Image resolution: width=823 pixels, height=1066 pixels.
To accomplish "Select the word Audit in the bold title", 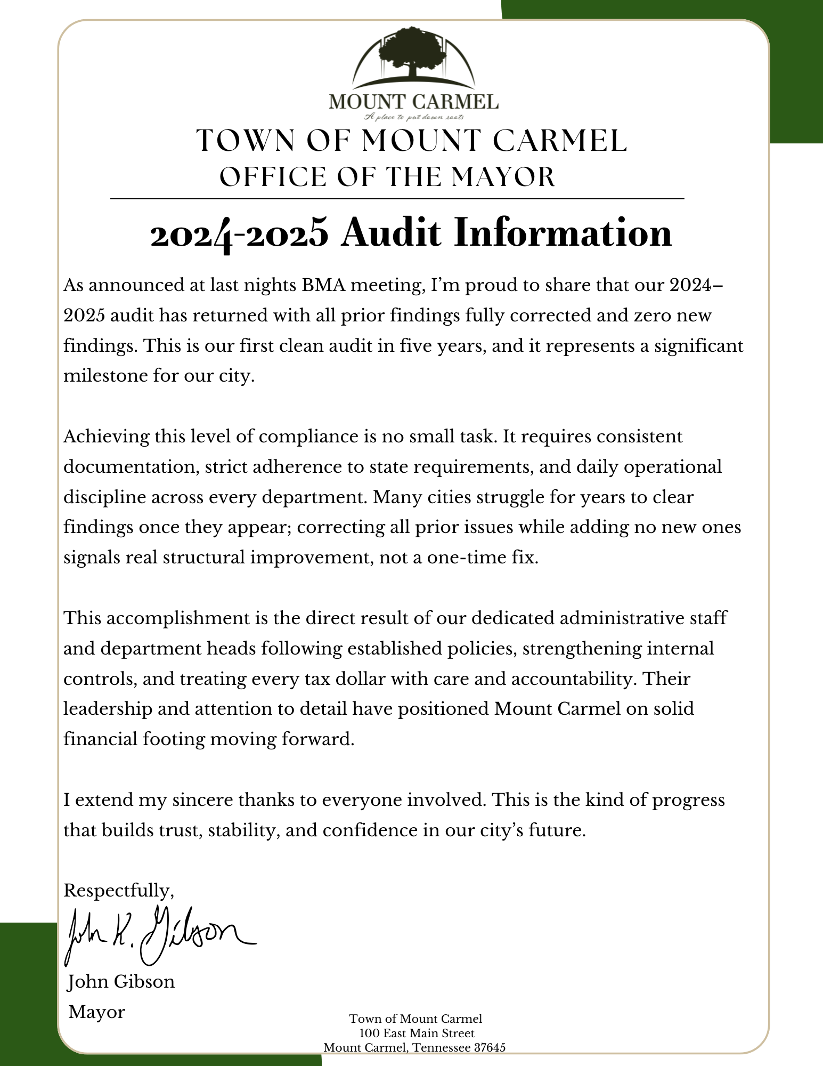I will click(x=391, y=233).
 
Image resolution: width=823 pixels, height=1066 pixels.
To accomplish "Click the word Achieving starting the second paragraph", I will click(x=105, y=437).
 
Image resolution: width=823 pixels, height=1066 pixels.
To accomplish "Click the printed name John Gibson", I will click(x=121, y=982).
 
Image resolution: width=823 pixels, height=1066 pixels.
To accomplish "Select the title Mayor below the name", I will click(x=97, y=1012).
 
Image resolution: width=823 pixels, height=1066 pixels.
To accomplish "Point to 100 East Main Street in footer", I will click(x=416, y=1033).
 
